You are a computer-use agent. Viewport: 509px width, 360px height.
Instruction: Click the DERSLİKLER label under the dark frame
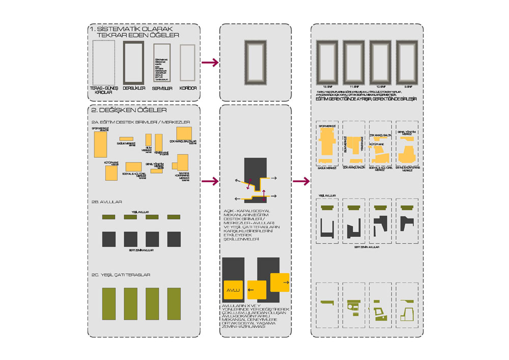tap(134, 88)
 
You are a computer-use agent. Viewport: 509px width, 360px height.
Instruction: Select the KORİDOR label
tap(188, 88)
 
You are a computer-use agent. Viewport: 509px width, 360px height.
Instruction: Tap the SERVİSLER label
tap(162, 88)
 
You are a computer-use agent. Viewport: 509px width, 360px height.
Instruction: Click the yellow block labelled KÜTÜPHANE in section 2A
tap(111, 173)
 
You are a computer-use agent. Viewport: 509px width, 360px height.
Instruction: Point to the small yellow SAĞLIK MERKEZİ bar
tap(126, 139)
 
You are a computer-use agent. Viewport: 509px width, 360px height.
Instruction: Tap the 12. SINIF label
tap(327, 87)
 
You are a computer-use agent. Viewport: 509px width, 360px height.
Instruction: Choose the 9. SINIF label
tap(407, 87)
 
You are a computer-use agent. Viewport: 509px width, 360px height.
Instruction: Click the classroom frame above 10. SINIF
tap(381, 62)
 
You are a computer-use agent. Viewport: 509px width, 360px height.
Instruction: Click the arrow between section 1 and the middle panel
tap(210, 62)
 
